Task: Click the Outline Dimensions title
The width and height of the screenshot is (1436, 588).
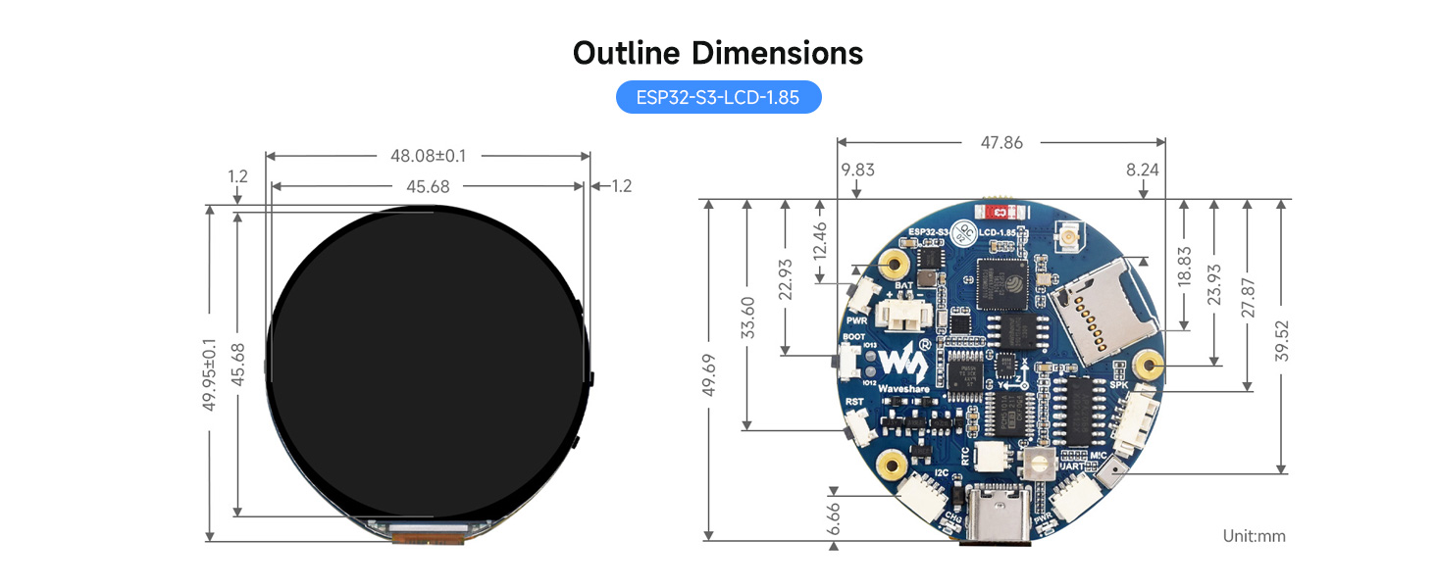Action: tap(718, 52)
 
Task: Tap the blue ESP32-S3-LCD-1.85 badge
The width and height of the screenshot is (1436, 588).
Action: tap(718, 97)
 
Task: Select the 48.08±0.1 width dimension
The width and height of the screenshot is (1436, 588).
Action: tap(428, 155)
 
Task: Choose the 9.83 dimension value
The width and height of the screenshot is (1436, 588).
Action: tap(857, 170)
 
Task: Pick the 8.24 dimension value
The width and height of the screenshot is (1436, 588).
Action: tap(1143, 170)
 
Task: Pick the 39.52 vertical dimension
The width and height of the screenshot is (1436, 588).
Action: tap(1280, 338)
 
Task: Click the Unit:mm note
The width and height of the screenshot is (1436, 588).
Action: tap(1253, 536)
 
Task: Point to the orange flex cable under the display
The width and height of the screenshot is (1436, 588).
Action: tap(429, 534)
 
